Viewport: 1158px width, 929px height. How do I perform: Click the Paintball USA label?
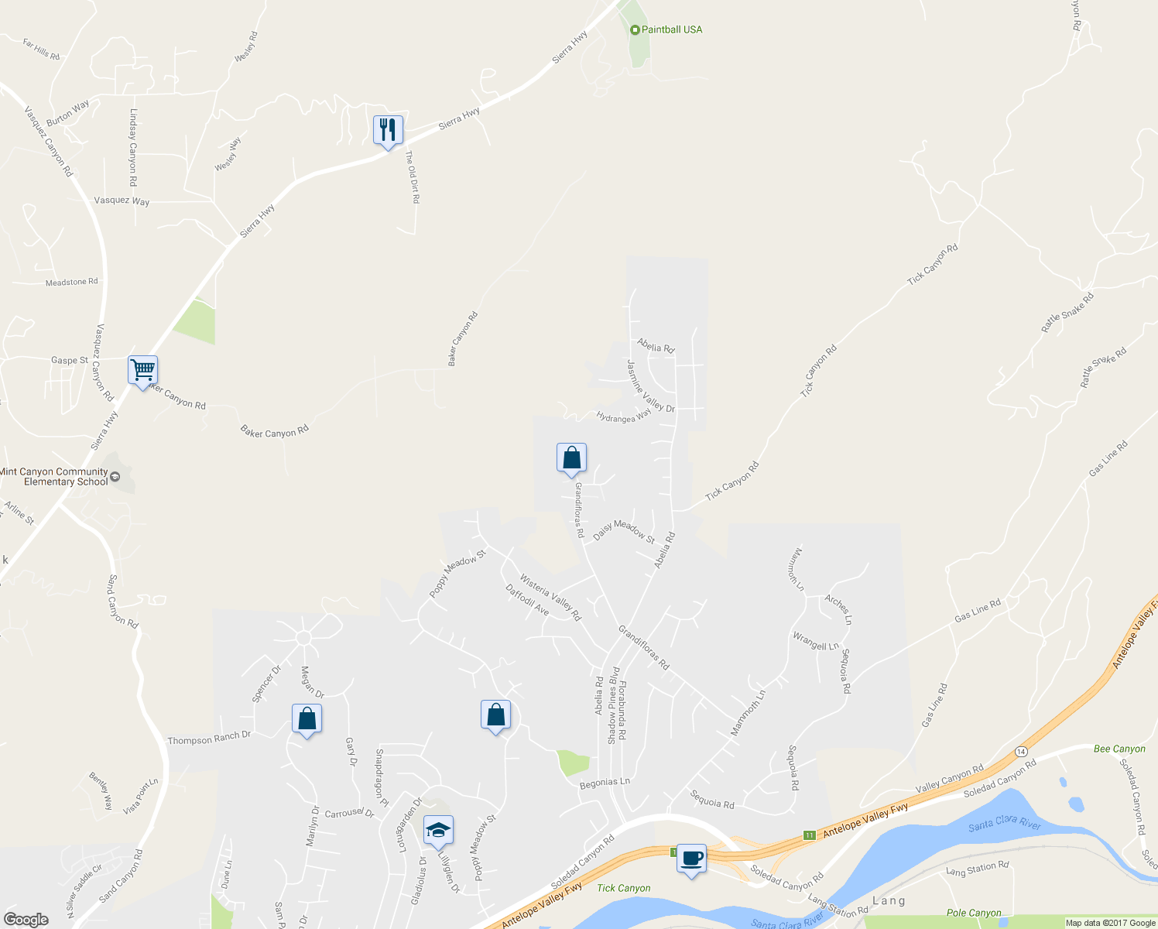671,29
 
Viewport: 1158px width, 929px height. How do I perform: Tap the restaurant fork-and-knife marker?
388,129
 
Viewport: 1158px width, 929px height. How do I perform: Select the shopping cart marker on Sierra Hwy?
142,370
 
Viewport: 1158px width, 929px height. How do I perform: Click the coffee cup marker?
691,859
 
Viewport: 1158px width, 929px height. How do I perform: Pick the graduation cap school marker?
438,831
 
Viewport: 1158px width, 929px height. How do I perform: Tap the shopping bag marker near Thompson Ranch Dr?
307,718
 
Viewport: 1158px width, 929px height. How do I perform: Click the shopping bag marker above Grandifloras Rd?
571,458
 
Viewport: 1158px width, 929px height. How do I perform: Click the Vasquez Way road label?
122,201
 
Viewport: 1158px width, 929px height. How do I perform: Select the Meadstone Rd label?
71,283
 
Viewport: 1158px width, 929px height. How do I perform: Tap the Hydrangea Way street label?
624,417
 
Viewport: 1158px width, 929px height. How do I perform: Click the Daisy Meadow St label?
624,531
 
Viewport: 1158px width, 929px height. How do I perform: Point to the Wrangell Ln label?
815,641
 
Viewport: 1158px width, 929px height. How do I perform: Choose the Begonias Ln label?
605,782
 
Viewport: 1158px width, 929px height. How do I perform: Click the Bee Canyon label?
1119,749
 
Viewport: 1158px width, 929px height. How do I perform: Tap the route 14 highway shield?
1021,752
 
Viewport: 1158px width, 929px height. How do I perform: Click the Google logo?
26,920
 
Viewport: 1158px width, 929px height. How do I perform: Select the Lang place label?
889,900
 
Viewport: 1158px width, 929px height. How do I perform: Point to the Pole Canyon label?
974,914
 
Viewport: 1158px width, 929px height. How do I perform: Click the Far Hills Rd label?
41,50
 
